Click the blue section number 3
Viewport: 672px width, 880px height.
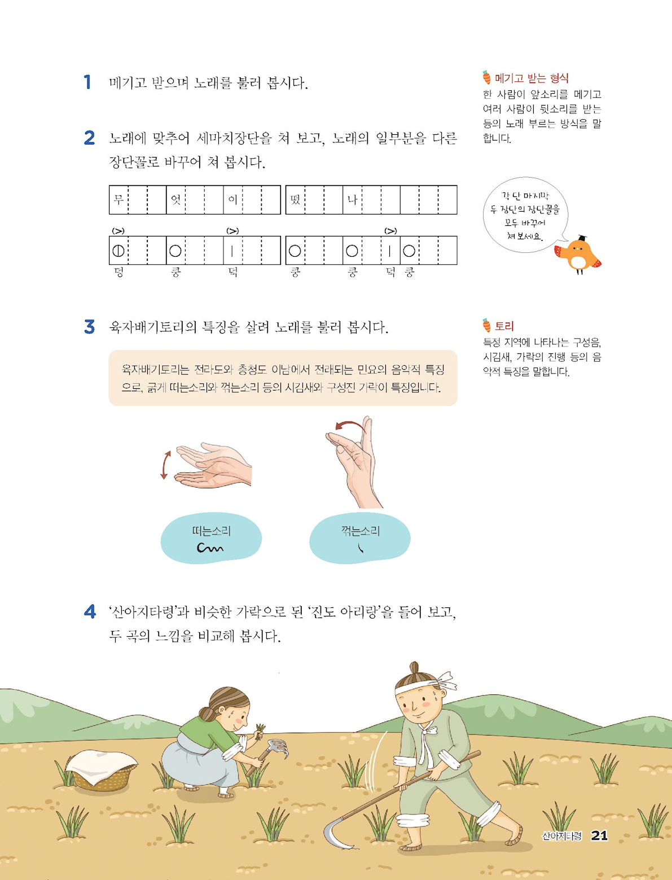(89, 327)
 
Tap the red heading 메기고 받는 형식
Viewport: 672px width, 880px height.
(532, 78)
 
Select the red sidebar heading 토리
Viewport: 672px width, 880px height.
(504, 326)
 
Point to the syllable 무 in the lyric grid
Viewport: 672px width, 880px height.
(118, 199)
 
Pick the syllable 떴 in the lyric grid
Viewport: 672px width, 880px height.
(295, 199)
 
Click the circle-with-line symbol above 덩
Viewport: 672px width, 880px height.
(118, 251)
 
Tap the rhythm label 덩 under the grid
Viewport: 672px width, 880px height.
(118, 273)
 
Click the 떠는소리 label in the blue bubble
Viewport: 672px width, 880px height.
(211, 531)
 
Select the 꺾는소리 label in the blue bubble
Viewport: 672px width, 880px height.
(360, 531)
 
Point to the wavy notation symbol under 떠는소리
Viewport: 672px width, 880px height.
(210, 548)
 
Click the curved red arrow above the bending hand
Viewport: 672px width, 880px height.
(349, 426)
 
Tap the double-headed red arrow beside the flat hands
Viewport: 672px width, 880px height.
(165, 465)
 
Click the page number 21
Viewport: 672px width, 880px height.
(599, 835)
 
